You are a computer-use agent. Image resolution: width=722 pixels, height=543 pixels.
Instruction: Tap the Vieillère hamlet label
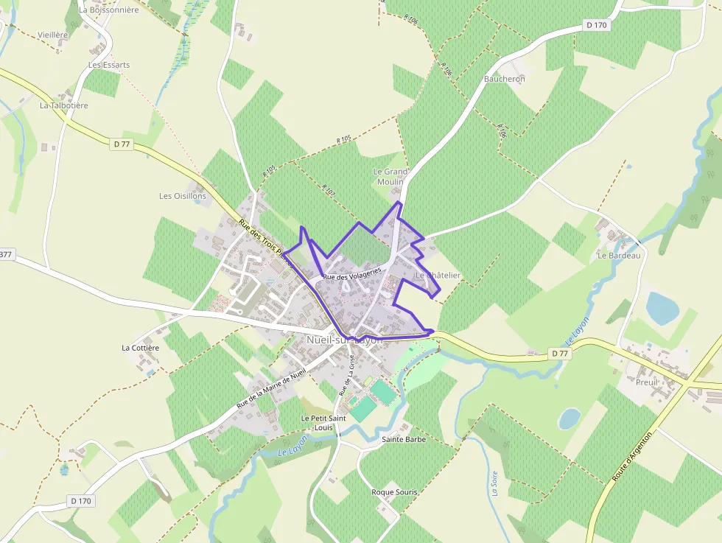pyautogui.click(x=52, y=35)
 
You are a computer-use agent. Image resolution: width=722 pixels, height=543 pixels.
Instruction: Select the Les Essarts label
pyautogui.click(x=109, y=65)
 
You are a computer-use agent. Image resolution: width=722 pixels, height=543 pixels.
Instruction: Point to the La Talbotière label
pyautogui.click(x=64, y=105)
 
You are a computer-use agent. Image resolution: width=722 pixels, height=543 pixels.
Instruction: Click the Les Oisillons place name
pyautogui.click(x=177, y=196)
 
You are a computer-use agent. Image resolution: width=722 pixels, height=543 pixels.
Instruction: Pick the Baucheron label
pyautogui.click(x=505, y=79)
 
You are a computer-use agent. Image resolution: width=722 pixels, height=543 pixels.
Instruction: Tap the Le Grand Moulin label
pyautogui.click(x=390, y=177)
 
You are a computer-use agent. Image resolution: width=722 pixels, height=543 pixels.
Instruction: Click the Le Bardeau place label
pyautogui.click(x=620, y=256)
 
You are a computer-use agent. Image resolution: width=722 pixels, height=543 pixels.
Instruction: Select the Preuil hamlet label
pyautogui.click(x=647, y=382)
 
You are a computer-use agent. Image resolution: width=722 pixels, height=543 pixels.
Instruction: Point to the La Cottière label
pyautogui.click(x=140, y=347)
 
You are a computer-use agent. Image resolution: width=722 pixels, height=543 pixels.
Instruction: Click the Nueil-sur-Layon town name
pyautogui.click(x=345, y=340)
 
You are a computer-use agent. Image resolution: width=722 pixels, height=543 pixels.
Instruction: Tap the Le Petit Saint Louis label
pyautogui.click(x=323, y=423)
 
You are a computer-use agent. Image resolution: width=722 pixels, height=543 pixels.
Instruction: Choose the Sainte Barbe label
pyautogui.click(x=404, y=440)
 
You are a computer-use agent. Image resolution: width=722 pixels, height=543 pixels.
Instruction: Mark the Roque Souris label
pyautogui.click(x=394, y=492)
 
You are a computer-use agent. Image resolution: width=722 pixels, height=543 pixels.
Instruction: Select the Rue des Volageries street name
pyautogui.click(x=352, y=273)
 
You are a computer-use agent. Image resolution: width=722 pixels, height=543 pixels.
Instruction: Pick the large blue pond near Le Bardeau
pyautogui.click(x=662, y=308)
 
